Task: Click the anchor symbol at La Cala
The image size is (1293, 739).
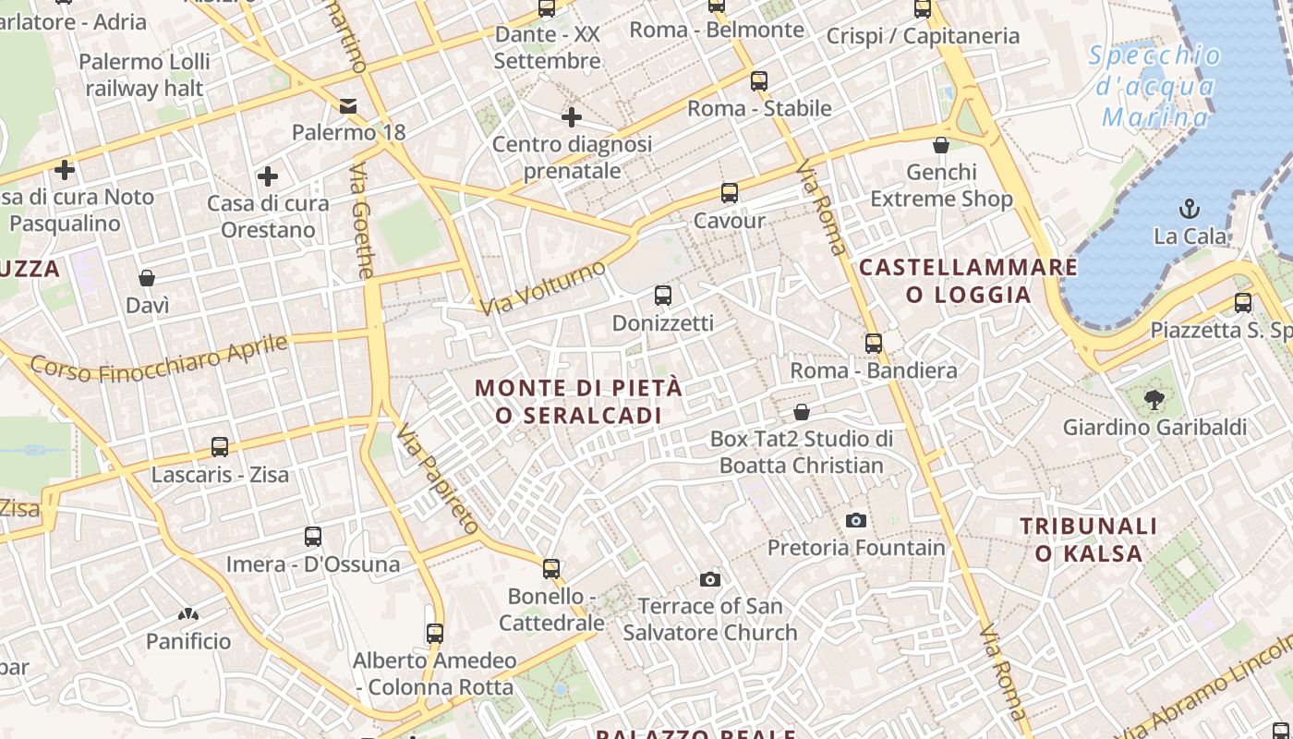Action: tap(1190, 208)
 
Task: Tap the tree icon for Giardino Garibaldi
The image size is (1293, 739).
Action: tap(1154, 399)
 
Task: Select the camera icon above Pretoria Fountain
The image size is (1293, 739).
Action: tap(856, 520)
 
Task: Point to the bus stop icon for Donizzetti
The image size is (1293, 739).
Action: tap(662, 296)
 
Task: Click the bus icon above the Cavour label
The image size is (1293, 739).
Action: tap(730, 193)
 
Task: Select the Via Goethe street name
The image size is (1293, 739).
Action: tap(362, 221)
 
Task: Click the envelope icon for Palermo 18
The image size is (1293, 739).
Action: tap(348, 106)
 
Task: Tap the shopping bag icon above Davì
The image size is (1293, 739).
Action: tap(147, 278)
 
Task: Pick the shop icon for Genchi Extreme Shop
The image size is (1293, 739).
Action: tap(941, 145)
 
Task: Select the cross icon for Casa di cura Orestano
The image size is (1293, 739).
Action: tap(268, 176)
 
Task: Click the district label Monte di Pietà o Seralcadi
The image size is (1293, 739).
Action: tap(579, 401)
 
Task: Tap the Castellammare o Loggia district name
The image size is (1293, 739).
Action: tap(968, 281)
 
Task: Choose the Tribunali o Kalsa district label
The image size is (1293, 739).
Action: tap(1088, 539)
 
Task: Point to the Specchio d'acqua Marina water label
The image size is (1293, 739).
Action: tap(1155, 87)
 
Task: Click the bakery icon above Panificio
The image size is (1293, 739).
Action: tap(188, 614)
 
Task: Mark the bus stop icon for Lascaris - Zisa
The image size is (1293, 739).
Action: tap(220, 447)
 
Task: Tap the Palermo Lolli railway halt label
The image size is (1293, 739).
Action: tap(144, 75)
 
